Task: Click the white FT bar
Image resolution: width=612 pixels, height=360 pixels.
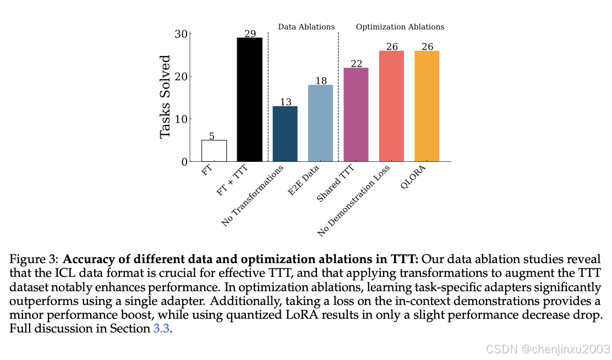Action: (214, 151)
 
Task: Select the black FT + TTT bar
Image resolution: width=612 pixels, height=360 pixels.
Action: (249, 100)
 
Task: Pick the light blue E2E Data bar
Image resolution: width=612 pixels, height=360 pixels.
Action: (320, 123)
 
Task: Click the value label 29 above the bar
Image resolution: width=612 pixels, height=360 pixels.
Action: (250, 34)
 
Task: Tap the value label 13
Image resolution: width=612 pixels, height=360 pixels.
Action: (286, 102)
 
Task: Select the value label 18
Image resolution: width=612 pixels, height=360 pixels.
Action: (321, 81)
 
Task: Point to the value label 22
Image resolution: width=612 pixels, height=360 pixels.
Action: (357, 64)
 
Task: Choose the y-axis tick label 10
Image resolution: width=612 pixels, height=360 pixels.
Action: (181, 119)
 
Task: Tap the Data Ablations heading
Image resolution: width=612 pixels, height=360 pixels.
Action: (306, 26)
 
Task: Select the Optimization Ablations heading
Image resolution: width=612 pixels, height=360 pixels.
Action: (400, 26)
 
